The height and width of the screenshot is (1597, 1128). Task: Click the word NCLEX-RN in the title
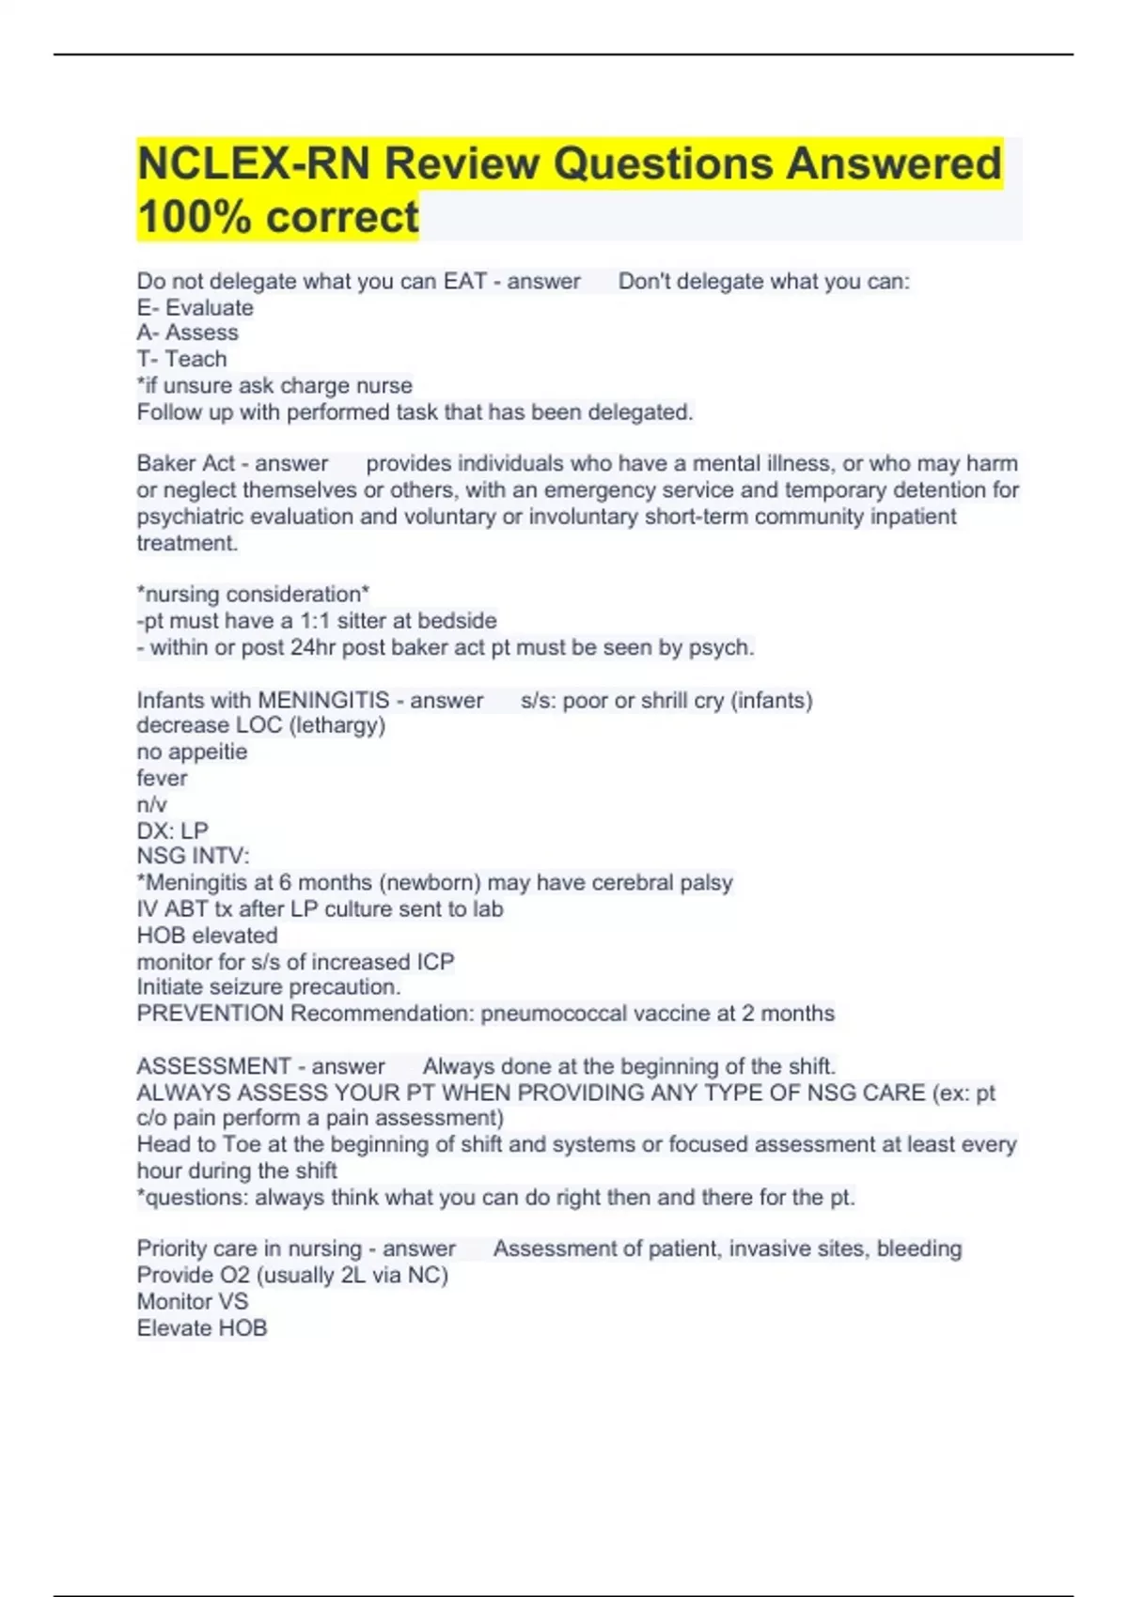[254, 163]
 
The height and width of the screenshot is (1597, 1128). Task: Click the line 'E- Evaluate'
[195, 307]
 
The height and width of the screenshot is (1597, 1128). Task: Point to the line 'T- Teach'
[181, 359]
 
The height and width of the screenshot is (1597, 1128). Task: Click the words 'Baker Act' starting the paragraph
[186, 463]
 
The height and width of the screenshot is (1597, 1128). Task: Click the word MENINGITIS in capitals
[323, 700]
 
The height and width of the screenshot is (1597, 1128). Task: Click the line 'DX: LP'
[172, 830]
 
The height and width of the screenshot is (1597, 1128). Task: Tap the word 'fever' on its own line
[162, 778]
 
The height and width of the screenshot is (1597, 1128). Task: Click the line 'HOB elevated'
[207, 936]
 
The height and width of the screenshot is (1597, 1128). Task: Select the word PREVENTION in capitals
[210, 1014]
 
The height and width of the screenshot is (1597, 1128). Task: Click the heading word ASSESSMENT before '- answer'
[213, 1066]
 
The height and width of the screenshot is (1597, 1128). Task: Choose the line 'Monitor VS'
[192, 1301]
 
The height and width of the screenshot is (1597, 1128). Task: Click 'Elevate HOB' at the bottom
[201, 1327]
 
